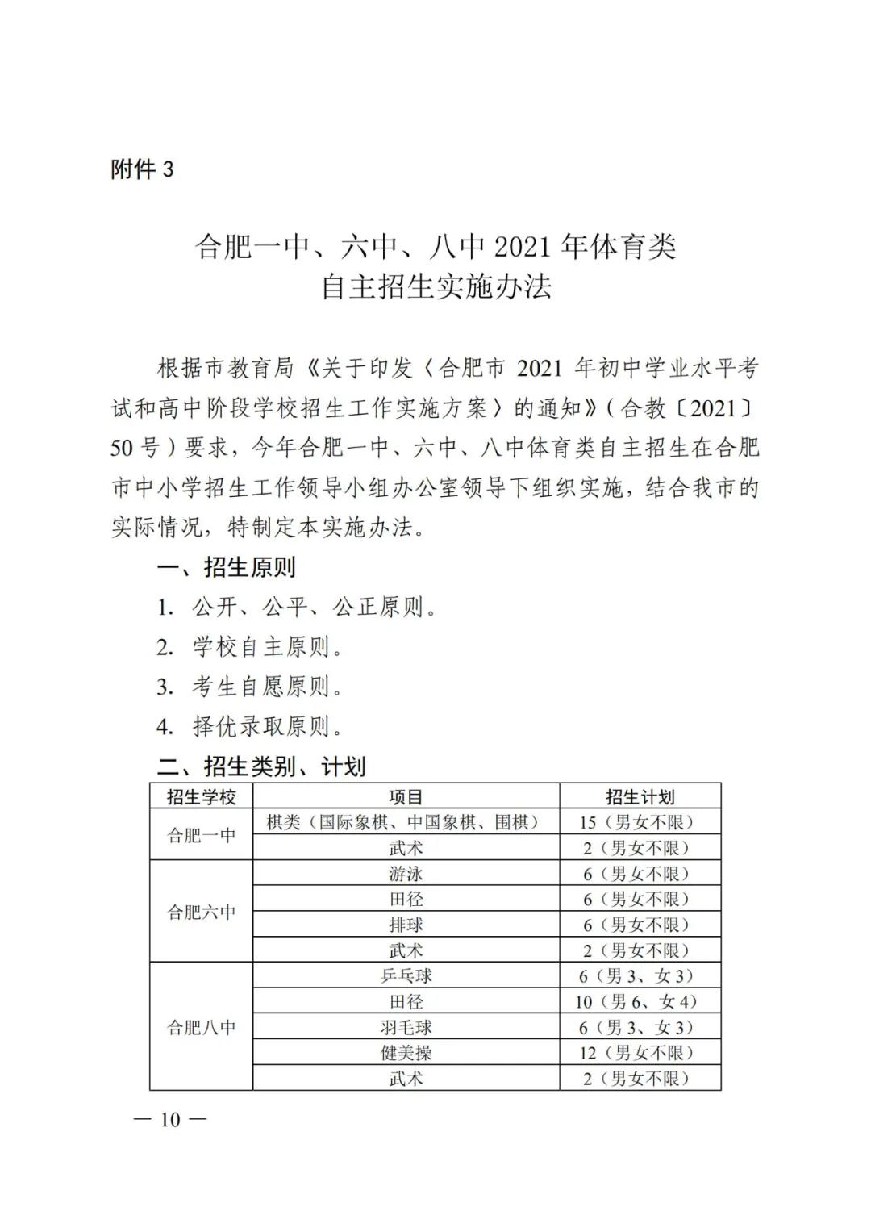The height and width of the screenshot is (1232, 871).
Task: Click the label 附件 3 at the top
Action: [142, 169]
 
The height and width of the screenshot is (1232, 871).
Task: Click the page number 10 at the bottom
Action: [170, 1120]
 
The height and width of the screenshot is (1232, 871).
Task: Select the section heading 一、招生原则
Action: [227, 567]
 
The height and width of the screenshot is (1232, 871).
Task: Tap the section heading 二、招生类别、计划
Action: [261, 766]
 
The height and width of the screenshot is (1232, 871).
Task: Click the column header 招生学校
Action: [201, 797]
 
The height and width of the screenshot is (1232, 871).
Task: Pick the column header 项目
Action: [406, 797]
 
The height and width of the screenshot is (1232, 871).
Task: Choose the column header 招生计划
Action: [640, 797]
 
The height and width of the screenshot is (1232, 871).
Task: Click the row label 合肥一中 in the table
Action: [201, 835]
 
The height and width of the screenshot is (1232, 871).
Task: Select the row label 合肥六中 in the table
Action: [201, 912]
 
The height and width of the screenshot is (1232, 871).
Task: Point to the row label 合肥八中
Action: [201, 1027]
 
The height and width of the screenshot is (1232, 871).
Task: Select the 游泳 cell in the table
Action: [406, 874]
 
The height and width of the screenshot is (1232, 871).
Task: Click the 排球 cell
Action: [406, 925]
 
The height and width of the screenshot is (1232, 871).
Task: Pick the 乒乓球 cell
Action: [406, 975]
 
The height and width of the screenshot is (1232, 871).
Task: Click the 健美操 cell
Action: [406, 1053]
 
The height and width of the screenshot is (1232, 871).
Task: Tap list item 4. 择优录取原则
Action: [250, 727]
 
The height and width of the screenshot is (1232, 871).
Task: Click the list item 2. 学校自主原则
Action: [250, 647]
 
